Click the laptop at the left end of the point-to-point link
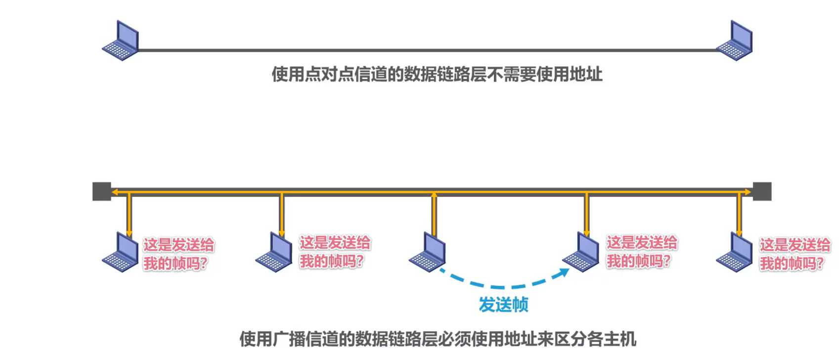pyautogui.click(x=121, y=41)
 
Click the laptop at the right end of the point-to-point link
pyautogui.click(x=735, y=41)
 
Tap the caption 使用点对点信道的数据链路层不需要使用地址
pyautogui.click(x=437, y=74)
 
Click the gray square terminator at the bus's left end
pyautogui.click(x=102, y=191)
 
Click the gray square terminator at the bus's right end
pyautogui.click(x=762, y=191)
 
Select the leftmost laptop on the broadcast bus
pyautogui.click(x=121, y=252)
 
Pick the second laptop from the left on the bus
pyautogui.click(x=274, y=252)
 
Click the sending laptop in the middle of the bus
pyautogui.click(x=428, y=252)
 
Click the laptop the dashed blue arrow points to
pyautogui.click(x=581, y=252)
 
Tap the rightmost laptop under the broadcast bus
pyautogui.click(x=735, y=252)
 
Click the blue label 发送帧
pyautogui.click(x=503, y=305)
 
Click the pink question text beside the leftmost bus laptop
pyautogui.click(x=178, y=254)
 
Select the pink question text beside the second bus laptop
pyautogui.click(x=334, y=252)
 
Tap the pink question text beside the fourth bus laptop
pyautogui.click(x=641, y=252)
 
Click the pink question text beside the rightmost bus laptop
pyautogui.click(x=795, y=254)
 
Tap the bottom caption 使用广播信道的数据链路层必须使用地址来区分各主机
pyautogui.click(x=438, y=339)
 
